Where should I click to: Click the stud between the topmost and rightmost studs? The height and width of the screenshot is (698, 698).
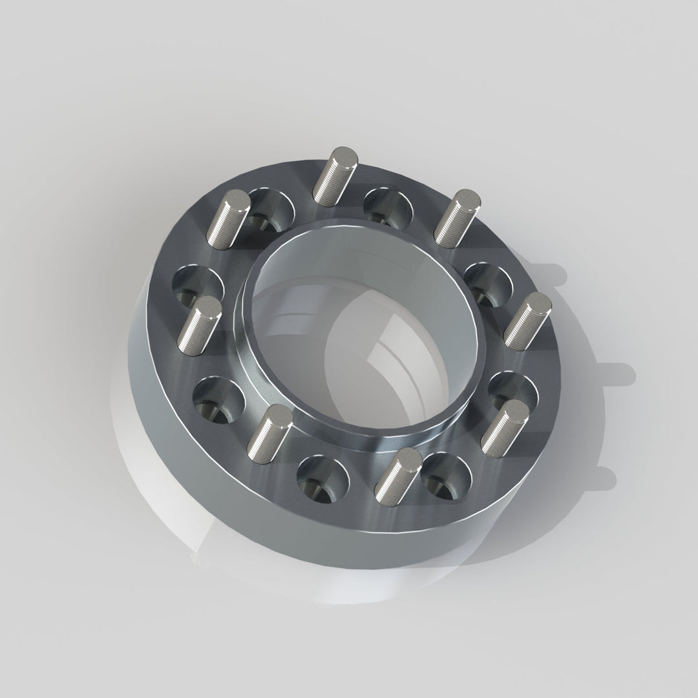455,213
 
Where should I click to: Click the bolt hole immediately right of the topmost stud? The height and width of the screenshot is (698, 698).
388,204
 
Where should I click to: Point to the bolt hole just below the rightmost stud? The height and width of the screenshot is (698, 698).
512,391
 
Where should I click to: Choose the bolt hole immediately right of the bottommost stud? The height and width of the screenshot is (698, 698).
446,476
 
